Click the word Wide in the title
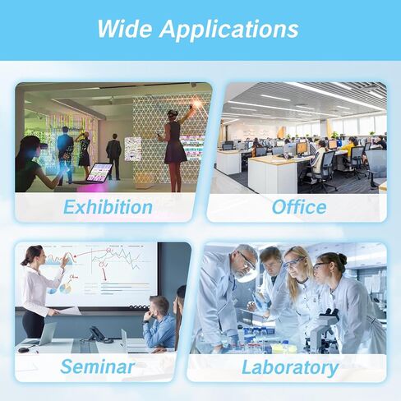(125, 29)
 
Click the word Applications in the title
(229, 30)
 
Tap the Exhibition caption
(108, 207)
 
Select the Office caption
(299, 207)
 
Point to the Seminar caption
(98, 366)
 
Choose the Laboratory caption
(290, 368)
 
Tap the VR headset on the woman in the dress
(172, 113)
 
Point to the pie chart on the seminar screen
(66, 288)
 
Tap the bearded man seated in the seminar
(159, 323)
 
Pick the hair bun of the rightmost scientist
(343, 259)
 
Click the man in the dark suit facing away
(113, 157)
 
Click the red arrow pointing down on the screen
(104, 274)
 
